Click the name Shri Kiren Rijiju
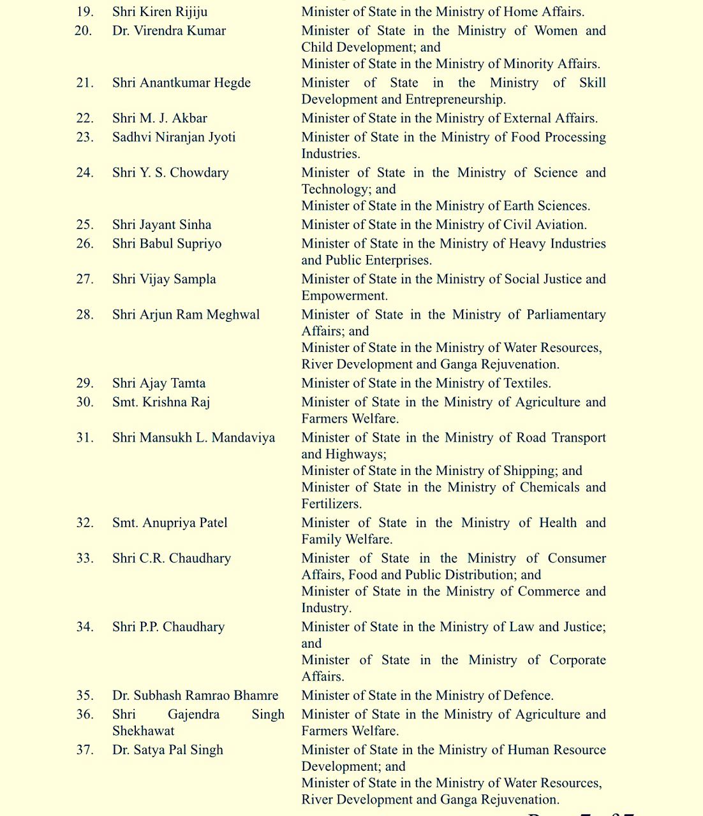[x=159, y=12]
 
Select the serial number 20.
[x=84, y=31]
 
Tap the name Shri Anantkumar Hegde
[x=181, y=83]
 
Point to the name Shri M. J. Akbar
[x=159, y=119]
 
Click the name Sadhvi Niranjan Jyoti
[x=174, y=137]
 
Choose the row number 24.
[x=84, y=173]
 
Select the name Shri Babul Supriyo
[x=166, y=244]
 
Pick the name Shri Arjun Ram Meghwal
[x=186, y=315]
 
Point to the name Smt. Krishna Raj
[x=161, y=402]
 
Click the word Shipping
[x=529, y=471]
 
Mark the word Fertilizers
[x=330, y=504]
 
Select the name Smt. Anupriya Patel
[x=170, y=523]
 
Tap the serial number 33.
[x=84, y=558]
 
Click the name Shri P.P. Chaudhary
[x=168, y=627]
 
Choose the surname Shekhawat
[x=143, y=731]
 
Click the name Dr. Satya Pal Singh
[x=167, y=750]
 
